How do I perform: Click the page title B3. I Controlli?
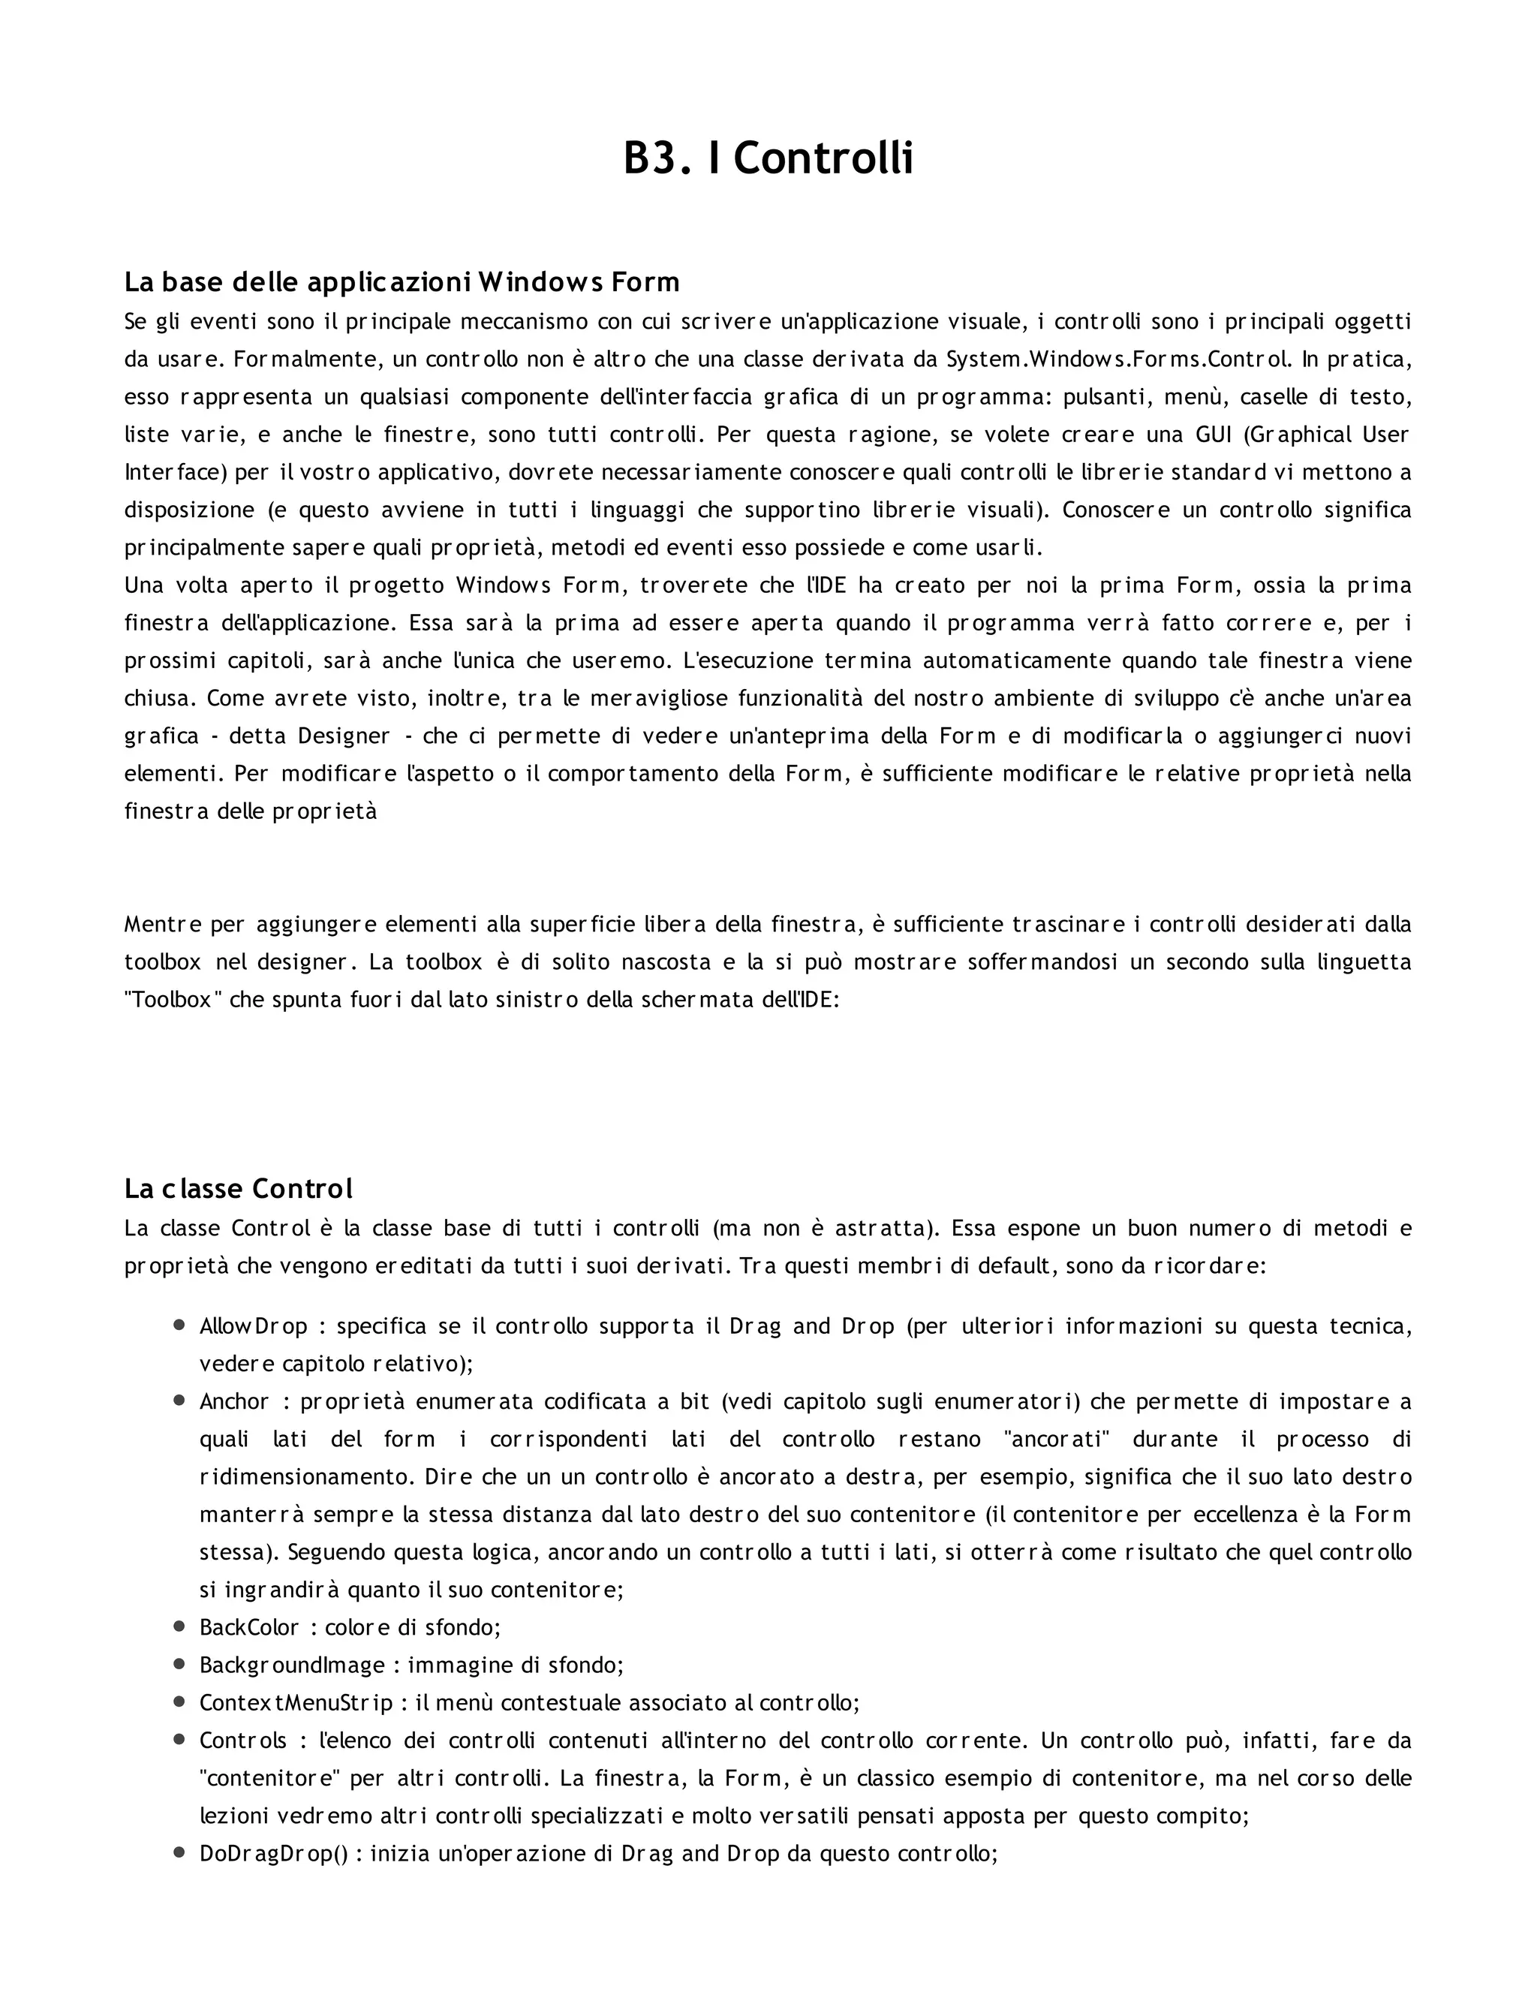coord(768,159)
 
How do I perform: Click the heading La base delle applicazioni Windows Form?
coord(402,282)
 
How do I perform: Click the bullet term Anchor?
coord(234,1401)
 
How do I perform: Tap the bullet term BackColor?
coord(248,1626)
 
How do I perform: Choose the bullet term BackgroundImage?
coord(291,1665)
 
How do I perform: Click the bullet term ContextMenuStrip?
coord(296,1702)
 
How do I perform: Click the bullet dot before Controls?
coord(179,1740)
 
